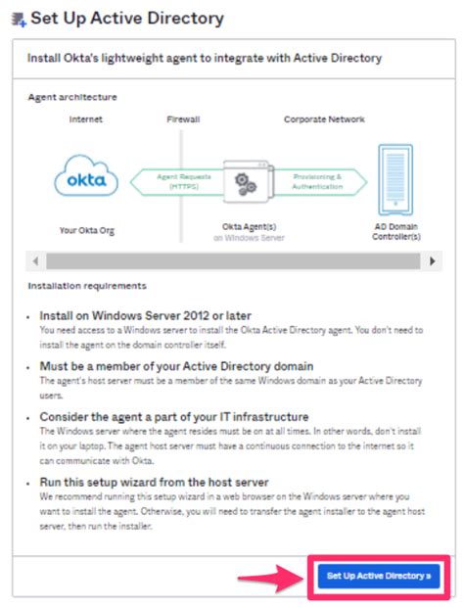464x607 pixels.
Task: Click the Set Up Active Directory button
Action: click(378, 576)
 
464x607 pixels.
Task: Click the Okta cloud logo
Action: click(86, 180)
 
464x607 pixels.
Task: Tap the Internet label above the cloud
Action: click(86, 119)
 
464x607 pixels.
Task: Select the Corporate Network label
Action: click(324, 119)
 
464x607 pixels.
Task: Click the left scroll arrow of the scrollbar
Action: click(36, 261)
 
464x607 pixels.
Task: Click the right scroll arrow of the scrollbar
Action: click(434, 261)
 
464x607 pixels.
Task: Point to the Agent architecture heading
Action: click(72, 97)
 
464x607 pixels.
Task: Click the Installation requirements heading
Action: click(87, 286)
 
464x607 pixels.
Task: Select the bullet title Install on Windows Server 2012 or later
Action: click(145, 315)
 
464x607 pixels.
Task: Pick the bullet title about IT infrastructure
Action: click(174, 416)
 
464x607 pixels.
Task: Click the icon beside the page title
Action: click(16, 19)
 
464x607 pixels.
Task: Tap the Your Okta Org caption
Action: click(86, 231)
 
